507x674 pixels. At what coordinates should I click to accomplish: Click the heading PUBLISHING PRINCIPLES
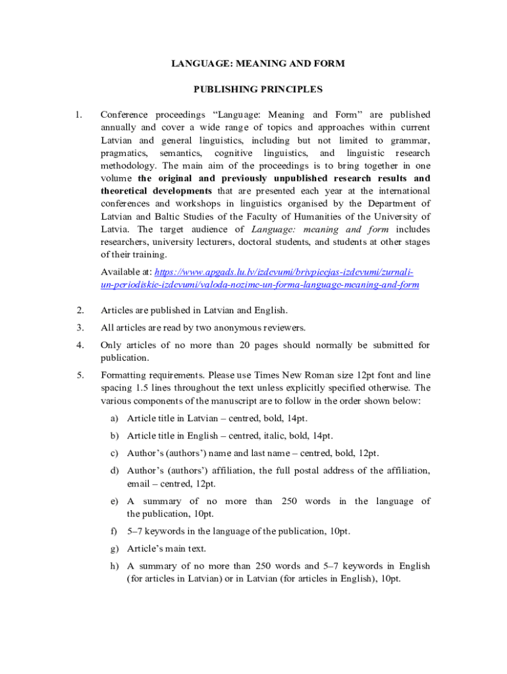click(257, 89)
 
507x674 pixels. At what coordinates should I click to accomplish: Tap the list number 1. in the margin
click(78, 115)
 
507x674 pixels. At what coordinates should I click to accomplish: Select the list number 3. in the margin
click(80, 327)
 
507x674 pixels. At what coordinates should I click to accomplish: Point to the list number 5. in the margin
click(80, 375)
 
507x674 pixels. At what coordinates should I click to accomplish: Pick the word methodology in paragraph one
click(129, 165)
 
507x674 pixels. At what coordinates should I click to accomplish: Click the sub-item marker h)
click(115, 565)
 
